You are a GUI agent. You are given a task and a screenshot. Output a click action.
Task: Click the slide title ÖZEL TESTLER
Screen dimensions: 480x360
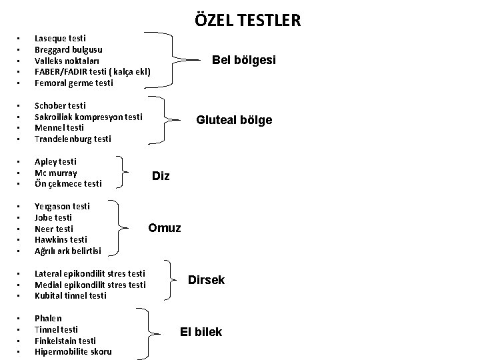[248, 20]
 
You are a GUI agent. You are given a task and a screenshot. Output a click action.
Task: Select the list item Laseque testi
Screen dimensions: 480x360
[60, 39]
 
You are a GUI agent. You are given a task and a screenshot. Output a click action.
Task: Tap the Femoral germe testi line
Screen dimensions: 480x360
[74, 83]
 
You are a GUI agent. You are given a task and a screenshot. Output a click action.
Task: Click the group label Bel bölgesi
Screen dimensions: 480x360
[243, 60]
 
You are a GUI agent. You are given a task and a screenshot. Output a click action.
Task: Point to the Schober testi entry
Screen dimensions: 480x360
[60, 105]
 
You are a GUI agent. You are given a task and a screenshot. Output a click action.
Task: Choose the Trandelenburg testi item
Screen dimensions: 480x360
[73, 139]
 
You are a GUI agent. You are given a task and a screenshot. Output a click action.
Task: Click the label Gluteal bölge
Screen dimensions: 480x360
[233, 120]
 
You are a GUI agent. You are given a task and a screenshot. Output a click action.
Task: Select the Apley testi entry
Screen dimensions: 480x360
[55, 161]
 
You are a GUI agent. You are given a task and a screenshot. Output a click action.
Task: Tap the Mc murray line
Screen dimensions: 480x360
[56, 173]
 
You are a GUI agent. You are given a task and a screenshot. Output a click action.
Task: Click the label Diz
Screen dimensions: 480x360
[161, 176]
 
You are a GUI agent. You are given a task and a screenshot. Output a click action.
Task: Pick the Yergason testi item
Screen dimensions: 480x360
[62, 207]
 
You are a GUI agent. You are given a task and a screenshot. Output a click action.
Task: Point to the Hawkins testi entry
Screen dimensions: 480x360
[61, 240]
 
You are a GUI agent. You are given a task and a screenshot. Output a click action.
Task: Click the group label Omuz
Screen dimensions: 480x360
[164, 228]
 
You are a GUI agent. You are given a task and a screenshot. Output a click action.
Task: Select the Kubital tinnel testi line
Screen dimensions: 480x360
[70, 296]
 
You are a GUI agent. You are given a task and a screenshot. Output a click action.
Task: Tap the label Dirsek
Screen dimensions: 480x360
[206, 280]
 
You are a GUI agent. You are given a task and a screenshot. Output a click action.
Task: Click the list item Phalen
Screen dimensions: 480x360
[48, 319]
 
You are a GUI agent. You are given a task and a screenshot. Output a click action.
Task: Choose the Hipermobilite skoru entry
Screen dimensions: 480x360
[73, 352]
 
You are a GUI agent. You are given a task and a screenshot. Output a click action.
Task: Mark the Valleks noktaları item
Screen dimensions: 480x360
[67, 61]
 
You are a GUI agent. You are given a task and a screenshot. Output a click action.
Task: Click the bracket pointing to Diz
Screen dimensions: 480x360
[127, 172]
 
